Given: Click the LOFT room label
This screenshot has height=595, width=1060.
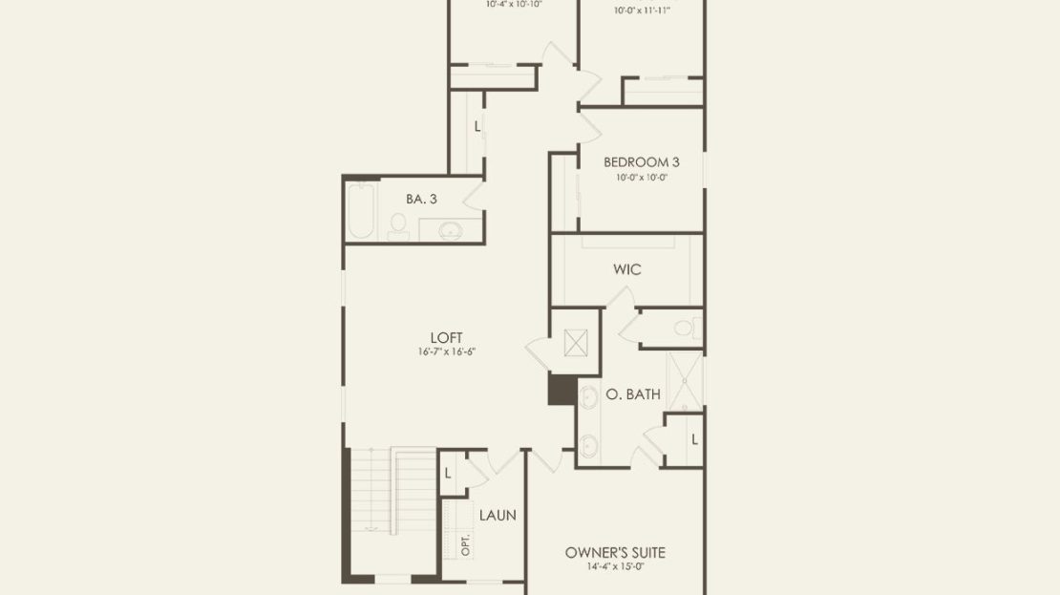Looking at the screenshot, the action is pyautogui.click(x=446, y=337).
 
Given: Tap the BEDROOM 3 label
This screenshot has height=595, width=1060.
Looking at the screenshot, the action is pyautogui.click(x=641, y=162).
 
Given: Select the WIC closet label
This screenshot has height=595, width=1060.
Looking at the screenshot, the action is pyautogui.click(x=626, y=269).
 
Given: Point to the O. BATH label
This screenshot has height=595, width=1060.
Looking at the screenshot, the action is pyautogui.click(x=633, y=394).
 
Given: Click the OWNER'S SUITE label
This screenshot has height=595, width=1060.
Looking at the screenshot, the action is pyautogui.click(x=615, y=552).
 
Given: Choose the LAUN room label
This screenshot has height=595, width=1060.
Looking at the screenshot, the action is pyautogui.click(x=498, y=515).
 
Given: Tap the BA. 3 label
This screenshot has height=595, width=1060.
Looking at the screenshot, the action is pyautogui.click(x=421, y=199).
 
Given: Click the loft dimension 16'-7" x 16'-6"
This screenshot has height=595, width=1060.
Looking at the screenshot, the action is pyautogui.click(x=446, y=351).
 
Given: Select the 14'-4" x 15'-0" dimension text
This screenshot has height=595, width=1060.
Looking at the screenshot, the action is pyautogui.click(x=615, y=566).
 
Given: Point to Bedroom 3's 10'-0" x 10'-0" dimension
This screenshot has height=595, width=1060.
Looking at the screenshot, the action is pyautogui.click(x=641, y=177).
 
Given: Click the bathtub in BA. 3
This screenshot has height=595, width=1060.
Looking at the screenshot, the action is pyautogui.click(x=360, y=211).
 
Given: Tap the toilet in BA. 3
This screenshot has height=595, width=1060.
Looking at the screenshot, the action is pyautogui.click(x=398, y=226).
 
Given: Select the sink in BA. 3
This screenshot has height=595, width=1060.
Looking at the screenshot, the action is pyautogui.click(x=450, y=231).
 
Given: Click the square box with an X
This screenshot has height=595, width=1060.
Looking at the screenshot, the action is pyautogui.click(x=576, y=343).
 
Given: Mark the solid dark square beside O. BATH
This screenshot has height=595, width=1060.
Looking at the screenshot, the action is pyautogui.click(x=562, y=390).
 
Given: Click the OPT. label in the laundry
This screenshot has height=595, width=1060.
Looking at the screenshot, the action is pyautogui.click(x=465, y=545).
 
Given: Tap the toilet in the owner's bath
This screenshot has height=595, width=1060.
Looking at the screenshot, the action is pyautogui.click(x=688, y=329).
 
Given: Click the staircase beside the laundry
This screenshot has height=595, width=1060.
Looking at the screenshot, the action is pyautogui.click(x=393, y=489).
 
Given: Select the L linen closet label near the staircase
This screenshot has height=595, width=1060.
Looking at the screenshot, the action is pyautogui.click(x=448, y=474).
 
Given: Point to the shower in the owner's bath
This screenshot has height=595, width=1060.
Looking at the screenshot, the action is pyautogui.click(x=685, y=381).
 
